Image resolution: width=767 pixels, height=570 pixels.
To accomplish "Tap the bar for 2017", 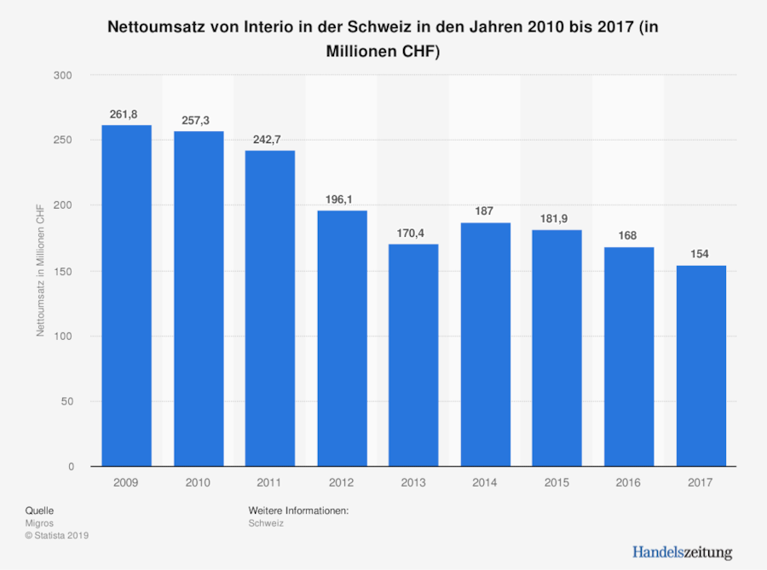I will [x=701, y=366].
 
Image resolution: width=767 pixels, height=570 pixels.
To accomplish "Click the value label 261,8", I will [x=126, y=113].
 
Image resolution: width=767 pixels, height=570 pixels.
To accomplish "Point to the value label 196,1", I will [x=342, y=199].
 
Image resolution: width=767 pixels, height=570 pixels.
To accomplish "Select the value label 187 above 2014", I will [x=486, y=210].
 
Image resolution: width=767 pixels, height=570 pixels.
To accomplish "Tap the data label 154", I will [x=701, y=254].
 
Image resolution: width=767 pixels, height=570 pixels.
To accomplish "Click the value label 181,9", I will [x=557, y=217].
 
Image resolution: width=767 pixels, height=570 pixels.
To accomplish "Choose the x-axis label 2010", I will [x=199, y=482].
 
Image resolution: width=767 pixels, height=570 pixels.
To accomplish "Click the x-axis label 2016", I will [x=629, y=482].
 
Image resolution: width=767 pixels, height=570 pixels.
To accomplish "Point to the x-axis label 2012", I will [x=342, y=482].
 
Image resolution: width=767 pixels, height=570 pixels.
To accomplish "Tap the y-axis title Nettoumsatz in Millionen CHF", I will [x=40, y=271].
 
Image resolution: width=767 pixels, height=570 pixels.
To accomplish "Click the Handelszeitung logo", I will [x=682, y=551].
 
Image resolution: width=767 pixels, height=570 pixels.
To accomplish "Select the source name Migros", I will [x=39, y=523].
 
